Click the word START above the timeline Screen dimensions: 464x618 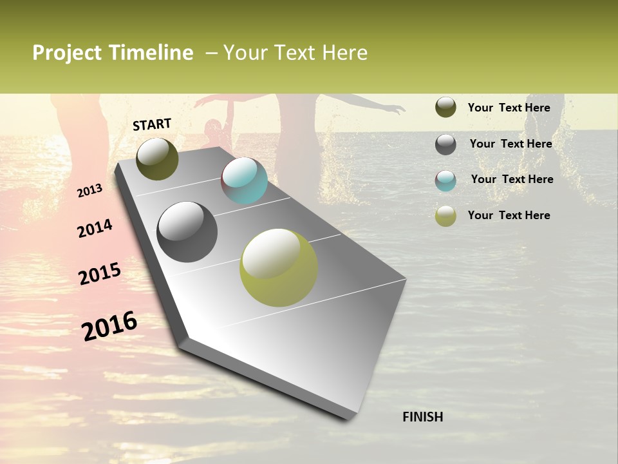tap(152, 124)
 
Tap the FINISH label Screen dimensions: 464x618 tap(422, 417)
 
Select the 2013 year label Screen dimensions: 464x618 tap(89, 190)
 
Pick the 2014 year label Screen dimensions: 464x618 tap(95, 229)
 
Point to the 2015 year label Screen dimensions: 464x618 tap(100, 274)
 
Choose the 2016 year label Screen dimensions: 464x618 tap(109, 325)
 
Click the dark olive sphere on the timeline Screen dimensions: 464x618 tap(157, 159)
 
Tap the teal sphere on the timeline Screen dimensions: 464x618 tap(244, 180)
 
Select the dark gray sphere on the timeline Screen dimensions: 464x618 tap(187, 232)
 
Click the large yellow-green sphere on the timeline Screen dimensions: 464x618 tap(279, 267)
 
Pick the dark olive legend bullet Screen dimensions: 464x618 tap(445, 108)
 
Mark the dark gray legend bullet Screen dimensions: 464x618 tap(445, 144)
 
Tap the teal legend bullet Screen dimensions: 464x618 tap(445, 180)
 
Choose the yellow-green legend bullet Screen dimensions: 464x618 tap(445, 217)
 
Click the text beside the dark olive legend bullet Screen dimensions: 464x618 tap(509, 108)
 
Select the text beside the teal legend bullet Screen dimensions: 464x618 tap(512, 179)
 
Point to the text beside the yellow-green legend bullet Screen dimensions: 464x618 tap(509, 215)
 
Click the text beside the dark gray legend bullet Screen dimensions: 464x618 tap(510, 144)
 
